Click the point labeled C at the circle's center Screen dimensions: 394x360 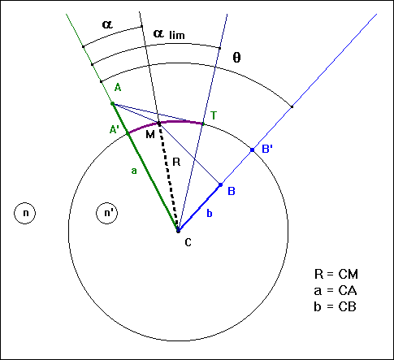pos(178,231)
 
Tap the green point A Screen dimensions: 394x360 pos(112,104)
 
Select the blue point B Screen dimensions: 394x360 pos(220,185)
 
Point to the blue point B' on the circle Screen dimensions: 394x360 pos(252,150)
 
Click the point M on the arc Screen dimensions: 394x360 pos(158,124)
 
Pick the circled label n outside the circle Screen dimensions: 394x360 pos(25,214)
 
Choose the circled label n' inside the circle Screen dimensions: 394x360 pos(107,214)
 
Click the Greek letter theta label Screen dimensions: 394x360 pos(236,58)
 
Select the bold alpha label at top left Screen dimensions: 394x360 pos(107,24)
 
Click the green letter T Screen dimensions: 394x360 pos(214,116)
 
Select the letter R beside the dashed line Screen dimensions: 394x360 pos(175,163)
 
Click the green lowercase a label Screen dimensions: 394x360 pos(132,171)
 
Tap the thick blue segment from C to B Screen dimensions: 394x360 pos(199,208)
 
